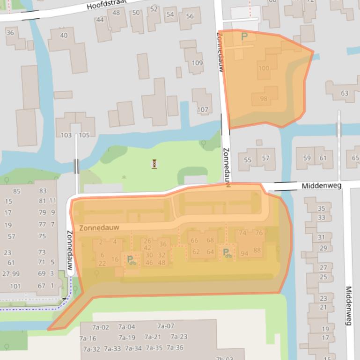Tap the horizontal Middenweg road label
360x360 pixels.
321,186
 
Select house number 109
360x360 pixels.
197,63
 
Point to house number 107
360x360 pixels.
202,110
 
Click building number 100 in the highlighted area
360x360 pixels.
264,68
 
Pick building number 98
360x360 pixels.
264,99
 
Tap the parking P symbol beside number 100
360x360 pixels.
243,36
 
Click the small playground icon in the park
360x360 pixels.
154,164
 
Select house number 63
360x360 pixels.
345,93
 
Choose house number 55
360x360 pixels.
248,160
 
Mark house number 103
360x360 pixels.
66,135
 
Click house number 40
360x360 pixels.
64,36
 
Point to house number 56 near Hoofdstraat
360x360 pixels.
190,16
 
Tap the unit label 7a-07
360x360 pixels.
165,326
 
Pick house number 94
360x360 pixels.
244,253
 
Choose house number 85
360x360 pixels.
17,191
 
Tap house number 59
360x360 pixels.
307,158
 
